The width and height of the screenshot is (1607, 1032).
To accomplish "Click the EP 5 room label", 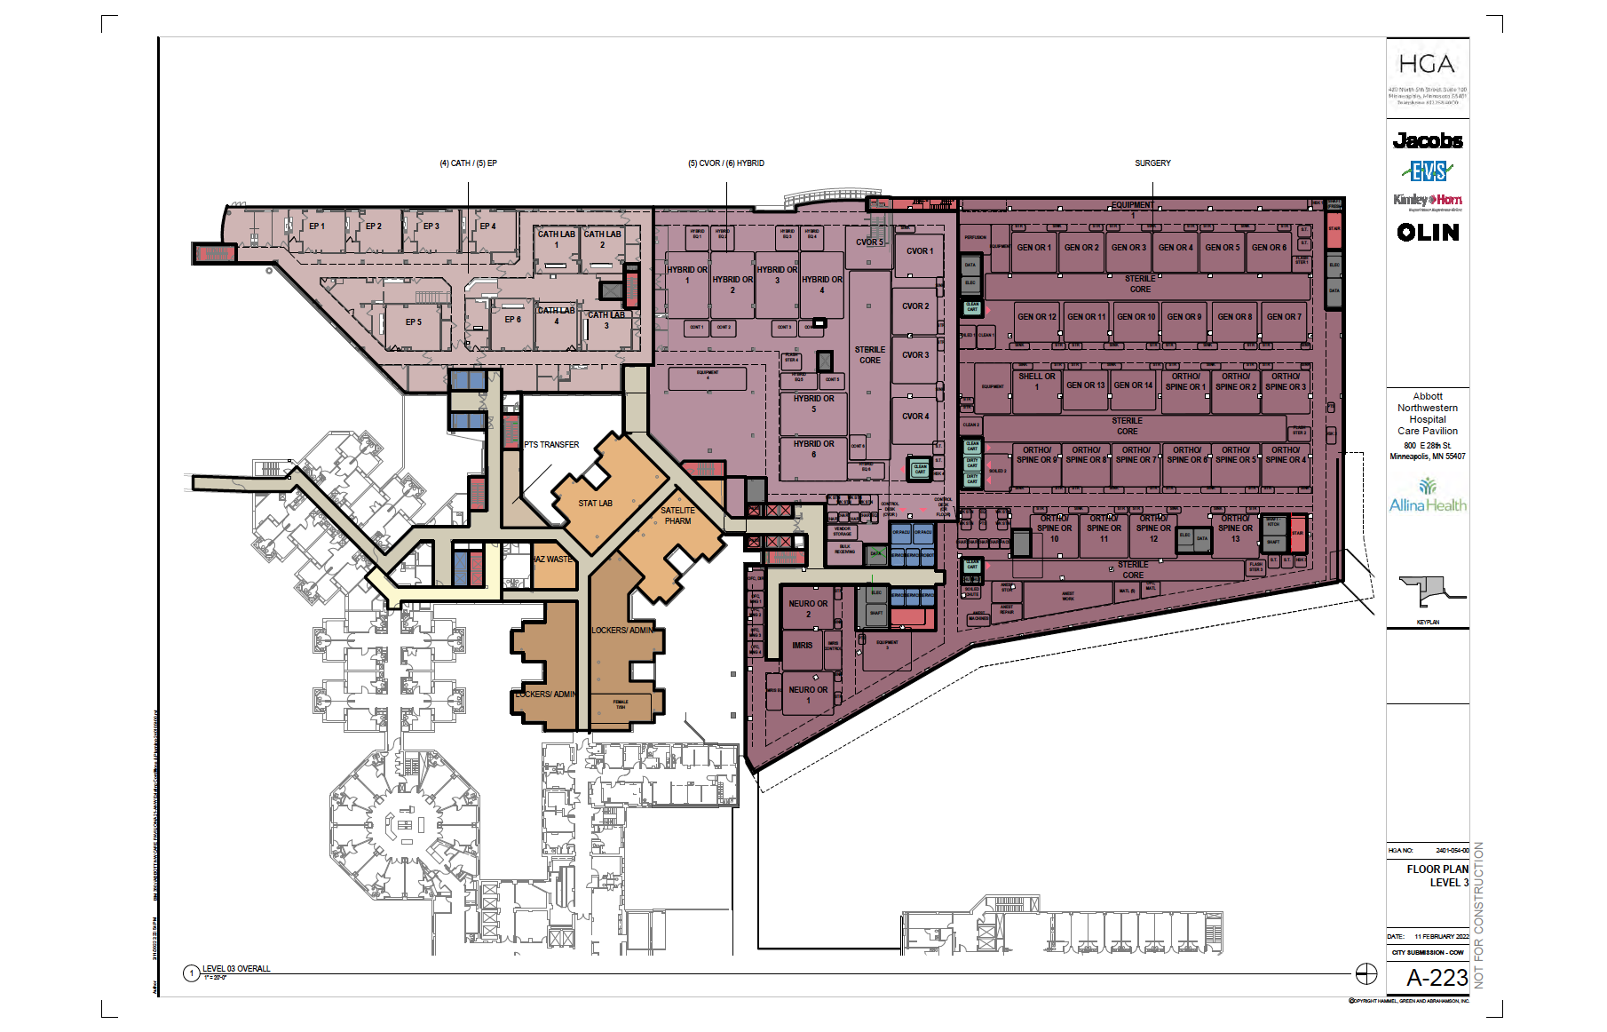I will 413,322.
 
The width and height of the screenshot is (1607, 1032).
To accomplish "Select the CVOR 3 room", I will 915,354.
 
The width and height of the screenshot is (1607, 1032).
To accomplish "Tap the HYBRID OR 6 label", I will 813,449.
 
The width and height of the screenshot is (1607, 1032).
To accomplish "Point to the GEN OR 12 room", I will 1037,316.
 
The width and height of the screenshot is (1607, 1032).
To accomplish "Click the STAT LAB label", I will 595,503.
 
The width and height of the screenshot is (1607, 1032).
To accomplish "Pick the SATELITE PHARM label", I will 677,515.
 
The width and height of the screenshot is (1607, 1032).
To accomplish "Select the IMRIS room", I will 803,645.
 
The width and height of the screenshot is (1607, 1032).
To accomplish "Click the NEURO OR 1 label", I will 808,695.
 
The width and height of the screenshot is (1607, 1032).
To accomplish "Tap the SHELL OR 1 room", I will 1036,381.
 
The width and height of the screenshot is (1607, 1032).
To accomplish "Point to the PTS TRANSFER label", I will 551,444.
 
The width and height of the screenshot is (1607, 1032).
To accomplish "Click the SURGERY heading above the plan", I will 1152,163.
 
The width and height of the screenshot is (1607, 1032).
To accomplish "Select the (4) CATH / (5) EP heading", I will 468,163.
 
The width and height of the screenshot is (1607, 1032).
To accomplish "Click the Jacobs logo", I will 1428,140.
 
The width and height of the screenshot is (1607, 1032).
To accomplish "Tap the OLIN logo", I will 1428,232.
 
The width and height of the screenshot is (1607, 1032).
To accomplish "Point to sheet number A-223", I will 1437,978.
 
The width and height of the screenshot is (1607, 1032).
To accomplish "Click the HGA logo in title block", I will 1427,65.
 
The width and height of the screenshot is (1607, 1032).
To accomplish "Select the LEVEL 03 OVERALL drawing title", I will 236,968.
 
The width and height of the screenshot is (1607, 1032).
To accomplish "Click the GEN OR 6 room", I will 1269,247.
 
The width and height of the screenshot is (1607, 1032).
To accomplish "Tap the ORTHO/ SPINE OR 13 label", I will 1235,528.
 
